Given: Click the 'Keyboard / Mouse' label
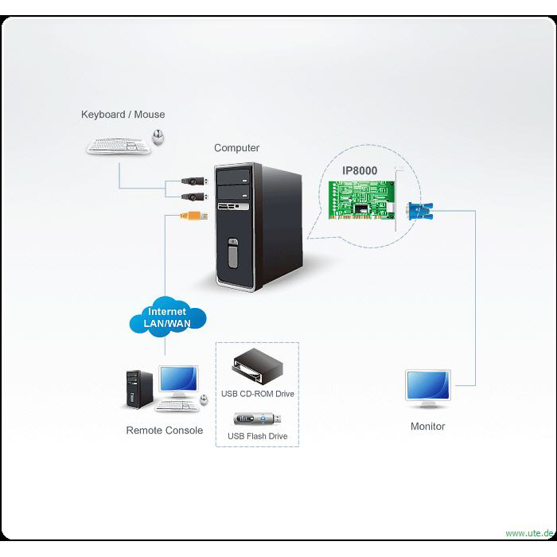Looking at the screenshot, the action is pos(123,115).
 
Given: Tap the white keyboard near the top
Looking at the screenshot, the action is pos(119,146).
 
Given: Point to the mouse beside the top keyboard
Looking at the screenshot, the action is pos(158,137).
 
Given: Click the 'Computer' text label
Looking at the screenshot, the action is pos(236,148).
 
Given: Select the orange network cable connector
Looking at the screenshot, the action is pos(194,216).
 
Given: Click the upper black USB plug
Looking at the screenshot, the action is pos(194,181).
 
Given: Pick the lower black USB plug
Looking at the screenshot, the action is pos(194,197).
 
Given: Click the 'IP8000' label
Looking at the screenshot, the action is pos(360,170).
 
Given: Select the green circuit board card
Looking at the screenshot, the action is pos(361,200).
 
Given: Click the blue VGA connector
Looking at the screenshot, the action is pos(420,211).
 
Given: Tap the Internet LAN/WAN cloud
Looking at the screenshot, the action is pos(168,317).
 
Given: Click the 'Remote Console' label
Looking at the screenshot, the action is pos(165,430).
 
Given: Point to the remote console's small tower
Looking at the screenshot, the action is pos(139,389).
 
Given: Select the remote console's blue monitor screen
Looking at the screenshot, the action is pos(178,379).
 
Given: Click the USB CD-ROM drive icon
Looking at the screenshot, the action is pos(258,366).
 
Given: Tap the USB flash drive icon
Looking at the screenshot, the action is pos(257,419).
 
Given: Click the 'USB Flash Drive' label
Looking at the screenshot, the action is pos(258,436).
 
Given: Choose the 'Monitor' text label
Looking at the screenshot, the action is pos(428,427).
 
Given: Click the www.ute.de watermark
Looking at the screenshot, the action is pos(530,533).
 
